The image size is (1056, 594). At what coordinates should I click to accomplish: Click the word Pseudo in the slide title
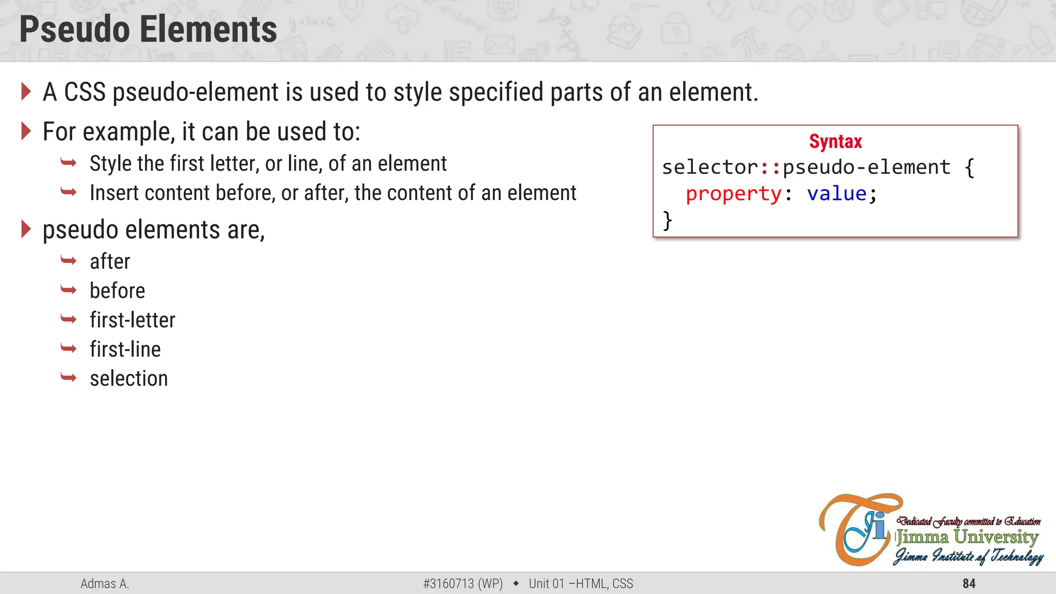tap(74, 29)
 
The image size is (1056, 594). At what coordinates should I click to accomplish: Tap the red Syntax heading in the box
tap(835, 141)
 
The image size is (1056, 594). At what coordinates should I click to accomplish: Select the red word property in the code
tap(733, 194)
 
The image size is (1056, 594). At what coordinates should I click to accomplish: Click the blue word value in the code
tap(836, 194)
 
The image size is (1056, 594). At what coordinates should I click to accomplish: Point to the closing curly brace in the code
tap(667, 220)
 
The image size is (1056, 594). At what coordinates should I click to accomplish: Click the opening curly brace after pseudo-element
tap(969, 168)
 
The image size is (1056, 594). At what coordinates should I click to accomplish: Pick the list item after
tap(110, 261)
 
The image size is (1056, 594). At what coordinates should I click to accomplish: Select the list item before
tap(117, 291)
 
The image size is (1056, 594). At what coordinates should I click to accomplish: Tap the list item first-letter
tap(132, 320)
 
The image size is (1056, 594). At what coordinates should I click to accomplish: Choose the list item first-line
tap(125, 350)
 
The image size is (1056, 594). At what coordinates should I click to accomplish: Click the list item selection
tap(128, 379)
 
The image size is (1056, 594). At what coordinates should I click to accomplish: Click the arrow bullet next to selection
tap(68, 378)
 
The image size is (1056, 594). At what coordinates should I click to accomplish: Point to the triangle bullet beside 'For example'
tap(26, 131)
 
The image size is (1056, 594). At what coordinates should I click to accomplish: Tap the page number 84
tap(969, 584)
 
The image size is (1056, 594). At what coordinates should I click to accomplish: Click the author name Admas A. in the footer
tap(105, 584)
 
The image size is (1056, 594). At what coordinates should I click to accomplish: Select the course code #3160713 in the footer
tap(448, 584)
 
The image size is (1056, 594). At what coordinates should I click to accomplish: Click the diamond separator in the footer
tap(516, 584)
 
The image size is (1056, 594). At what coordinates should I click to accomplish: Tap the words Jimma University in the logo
tap(967, 537)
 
